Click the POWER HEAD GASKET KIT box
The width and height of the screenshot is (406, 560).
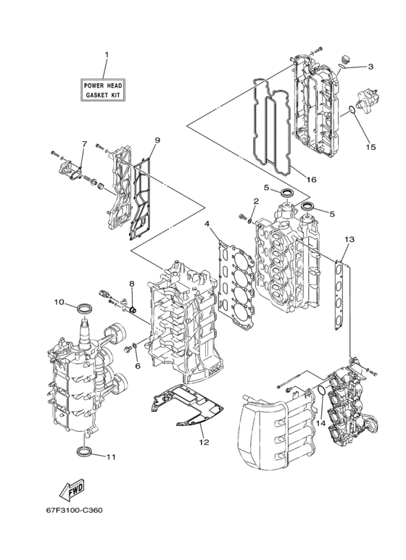click(105, 90)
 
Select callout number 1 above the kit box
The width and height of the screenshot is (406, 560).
click(106, 55)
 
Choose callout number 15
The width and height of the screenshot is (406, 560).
click(371, 147)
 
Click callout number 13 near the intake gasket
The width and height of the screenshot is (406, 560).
click(349, 239)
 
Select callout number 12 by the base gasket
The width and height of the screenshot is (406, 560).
click(204, 442)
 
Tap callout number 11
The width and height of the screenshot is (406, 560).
click(111, 457)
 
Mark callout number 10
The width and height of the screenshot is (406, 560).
click(59, 301)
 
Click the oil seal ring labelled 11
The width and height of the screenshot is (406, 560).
click(86, 453)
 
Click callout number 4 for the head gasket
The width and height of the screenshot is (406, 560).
click(207, 225)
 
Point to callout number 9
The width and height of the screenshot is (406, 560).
click(157, 140)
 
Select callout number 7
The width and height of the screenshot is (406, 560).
click(84, 144)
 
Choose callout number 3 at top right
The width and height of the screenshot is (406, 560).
click(370, 67)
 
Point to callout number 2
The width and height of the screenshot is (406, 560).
click(256, 201)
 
